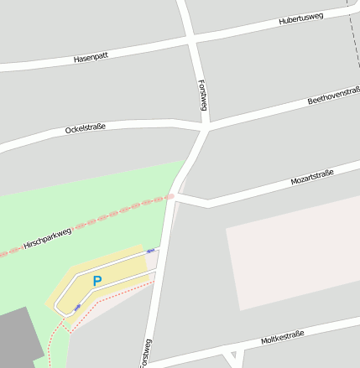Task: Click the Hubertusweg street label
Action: click(301, 18)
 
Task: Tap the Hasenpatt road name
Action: click(91, 59)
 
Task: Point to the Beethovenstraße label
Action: click(333, 96)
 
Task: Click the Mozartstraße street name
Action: click(311, 177)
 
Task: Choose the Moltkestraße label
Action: click(282, 338)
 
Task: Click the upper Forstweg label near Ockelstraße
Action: click(202, 96)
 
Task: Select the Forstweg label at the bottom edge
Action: click(147, 353)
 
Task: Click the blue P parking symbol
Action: click(97, 282)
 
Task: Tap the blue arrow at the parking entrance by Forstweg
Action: click(151, 250)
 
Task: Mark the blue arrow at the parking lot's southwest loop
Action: click(78, 308)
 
